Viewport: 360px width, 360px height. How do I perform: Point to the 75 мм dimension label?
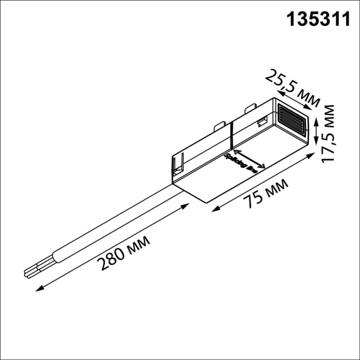point(266,191)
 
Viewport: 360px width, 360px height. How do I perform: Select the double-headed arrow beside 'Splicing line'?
point(249,159)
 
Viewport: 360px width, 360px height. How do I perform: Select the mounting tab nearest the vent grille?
point(251,109)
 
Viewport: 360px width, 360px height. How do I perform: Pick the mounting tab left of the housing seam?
point(219,125)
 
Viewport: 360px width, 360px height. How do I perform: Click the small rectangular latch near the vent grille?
point(262,122)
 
